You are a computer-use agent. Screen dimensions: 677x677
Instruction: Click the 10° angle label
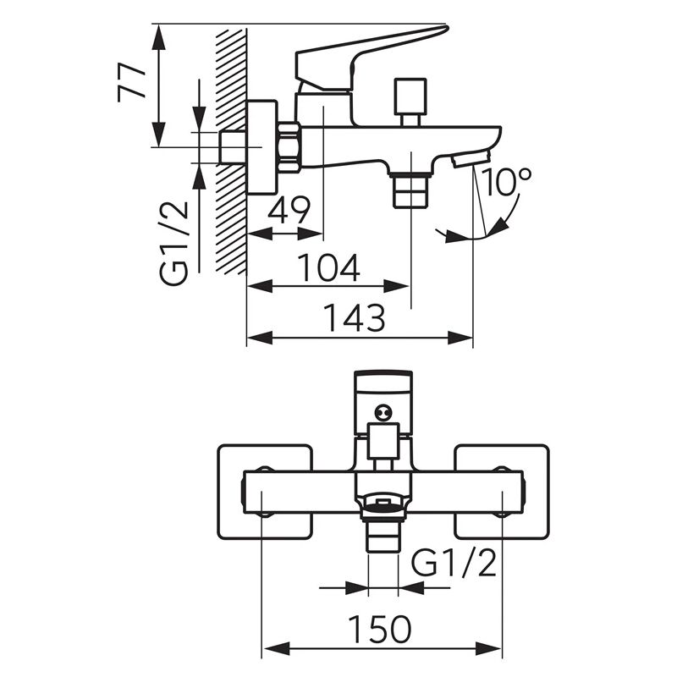tap(508, 182)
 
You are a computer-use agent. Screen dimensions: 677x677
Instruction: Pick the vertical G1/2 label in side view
tap(175, 243)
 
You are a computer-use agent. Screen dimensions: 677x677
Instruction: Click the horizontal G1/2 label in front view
tap(454, 562)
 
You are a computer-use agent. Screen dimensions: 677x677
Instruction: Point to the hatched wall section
tap(231, 152)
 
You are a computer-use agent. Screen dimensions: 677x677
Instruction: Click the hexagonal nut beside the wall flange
tap(289, 146)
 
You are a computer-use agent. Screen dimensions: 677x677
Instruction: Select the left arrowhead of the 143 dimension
tap(254, 338)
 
